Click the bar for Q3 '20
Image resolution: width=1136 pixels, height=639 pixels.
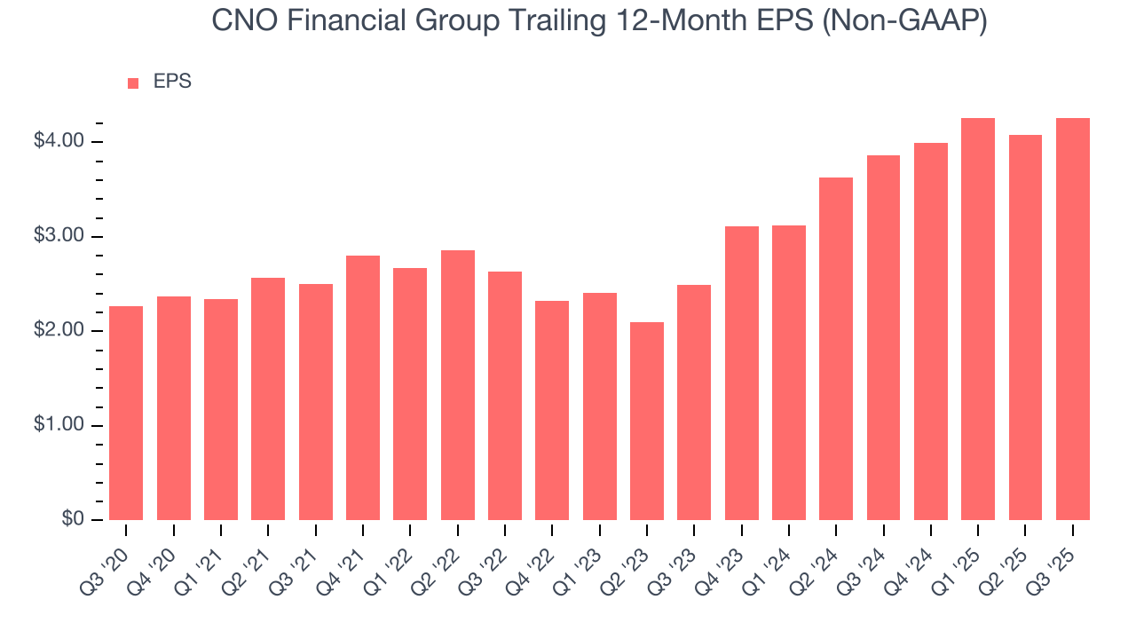coord(126,413)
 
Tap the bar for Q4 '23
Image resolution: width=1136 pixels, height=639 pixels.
coord(742,373)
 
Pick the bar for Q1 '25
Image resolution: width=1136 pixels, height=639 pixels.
coord(978,319)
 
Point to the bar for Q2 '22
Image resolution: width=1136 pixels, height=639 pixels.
coord(458,385)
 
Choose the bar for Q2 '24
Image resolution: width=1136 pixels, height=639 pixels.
coord(836,349)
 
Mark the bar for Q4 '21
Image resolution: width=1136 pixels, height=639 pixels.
coord(363,388)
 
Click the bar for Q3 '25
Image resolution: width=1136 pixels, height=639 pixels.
coord(1073,319)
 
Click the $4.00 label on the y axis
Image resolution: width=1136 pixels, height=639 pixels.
coord(59,142)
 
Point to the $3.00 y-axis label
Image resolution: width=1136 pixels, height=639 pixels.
coord(59,237)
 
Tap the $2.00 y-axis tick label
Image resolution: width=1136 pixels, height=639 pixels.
coord(59,331)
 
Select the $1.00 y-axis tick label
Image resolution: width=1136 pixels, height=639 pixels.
coord(59,426)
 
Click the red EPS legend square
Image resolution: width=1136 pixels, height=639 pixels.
coord(133,83)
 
